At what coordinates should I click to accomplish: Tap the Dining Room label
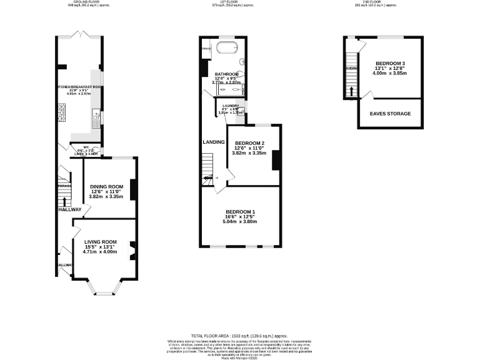(107, 186)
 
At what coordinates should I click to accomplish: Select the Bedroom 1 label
(241, 211)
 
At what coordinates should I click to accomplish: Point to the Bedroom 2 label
(249, 143)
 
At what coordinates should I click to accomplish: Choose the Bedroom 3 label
(391, 63)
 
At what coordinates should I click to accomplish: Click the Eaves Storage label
(391, 114)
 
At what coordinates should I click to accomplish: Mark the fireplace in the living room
(132, 250)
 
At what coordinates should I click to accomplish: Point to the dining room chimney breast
(133, 187)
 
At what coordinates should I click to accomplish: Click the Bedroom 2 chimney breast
(275, 161)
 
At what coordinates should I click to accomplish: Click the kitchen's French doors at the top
(79, 34)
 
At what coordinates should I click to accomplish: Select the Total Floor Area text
(240, 336)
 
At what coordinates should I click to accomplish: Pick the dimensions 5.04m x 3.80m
(241, 222)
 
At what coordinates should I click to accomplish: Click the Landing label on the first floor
(213, 142)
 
